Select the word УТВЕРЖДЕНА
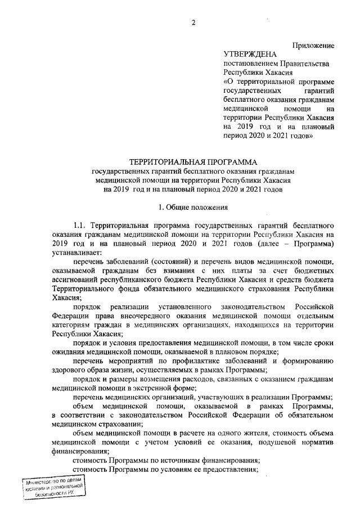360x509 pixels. [250, 55]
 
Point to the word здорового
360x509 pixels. [72, 370]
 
